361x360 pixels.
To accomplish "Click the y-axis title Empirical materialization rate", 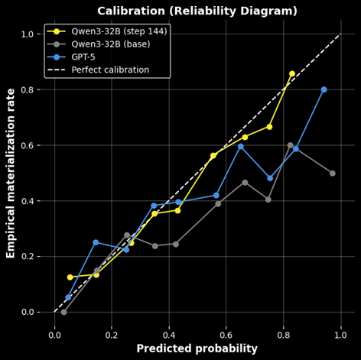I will pyautogui.click(x=11, y=172).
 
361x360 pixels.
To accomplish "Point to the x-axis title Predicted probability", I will pyautogui.click(x=197, y=349).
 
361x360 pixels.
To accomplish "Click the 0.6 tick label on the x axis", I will pyautogui.click(x=226, y=333).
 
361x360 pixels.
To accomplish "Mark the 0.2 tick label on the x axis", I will pyautogui.click(x=112, y=333).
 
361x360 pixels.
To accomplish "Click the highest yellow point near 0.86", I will pyautogui.click(x=292, y=74).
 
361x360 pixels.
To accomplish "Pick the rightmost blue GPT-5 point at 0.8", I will pyautogui.click(x=324, y=89).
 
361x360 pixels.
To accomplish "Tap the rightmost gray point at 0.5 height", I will pyautogui.click(x=332, y=173).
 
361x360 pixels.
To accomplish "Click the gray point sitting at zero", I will pyautogui.click(x=63, y=312).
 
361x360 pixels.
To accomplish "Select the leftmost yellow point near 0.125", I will pyautogui.click(x=70, y=277).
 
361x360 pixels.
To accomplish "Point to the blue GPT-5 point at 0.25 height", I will pyautogui.click(x=96, y=242).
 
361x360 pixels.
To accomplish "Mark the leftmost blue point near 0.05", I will pyautogui.click(x=68, y=297).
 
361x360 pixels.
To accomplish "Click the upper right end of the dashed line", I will pyautogui.click(x=340, y=34).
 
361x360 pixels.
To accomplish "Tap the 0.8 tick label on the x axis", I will pyautogui.click(x=283, y=333).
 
